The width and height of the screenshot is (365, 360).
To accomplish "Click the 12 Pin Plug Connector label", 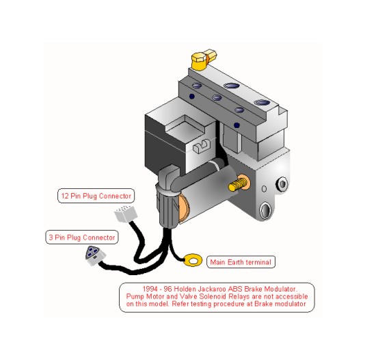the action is (96, 196).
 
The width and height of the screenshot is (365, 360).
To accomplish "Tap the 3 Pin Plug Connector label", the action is (82, 237).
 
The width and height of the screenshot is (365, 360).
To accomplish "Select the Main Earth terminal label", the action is (241, 262).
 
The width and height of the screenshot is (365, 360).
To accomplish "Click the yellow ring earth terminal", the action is (193, 260).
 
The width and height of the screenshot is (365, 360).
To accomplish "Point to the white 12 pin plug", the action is (126, 214).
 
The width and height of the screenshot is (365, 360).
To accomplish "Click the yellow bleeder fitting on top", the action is (203, 59).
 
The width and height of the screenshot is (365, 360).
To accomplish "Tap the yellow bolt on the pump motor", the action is (237, 184).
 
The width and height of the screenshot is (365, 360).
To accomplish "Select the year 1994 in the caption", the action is (150, 289).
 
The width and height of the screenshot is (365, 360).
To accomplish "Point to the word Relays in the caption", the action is (239, 296).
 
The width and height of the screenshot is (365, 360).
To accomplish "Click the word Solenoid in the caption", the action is (213, 296).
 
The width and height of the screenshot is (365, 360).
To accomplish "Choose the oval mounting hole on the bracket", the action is (265, 210).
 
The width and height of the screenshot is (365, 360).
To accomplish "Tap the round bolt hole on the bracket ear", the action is (282, 184).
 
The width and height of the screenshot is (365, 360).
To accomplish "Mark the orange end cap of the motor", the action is (184, 208).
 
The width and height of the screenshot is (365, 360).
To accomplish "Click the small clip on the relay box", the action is (202, 146).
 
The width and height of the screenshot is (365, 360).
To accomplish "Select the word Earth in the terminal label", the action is (236, 262).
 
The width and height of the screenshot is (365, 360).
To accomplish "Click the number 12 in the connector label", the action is (65, 196).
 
